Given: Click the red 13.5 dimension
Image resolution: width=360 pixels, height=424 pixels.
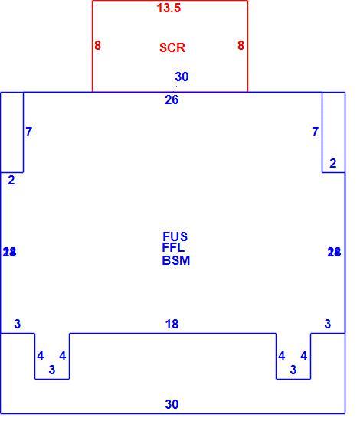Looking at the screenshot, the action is click(169, 8).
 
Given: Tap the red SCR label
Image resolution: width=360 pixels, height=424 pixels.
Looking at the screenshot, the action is click(172, 48).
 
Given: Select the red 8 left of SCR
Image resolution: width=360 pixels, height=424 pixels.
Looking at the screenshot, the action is click(98, 45).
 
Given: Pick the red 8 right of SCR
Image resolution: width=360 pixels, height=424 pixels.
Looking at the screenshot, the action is click(241, 45).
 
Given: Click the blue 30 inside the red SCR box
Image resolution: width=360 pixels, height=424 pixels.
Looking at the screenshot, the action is click(182, 77).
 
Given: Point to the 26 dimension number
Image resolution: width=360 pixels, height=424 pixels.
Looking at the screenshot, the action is click(172, 99).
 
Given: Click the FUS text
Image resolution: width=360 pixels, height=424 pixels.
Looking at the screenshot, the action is click(175, 236).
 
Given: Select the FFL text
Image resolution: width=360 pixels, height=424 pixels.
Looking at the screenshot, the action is click(173, 247).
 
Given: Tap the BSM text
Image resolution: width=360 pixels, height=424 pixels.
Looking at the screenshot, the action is click(176, 261).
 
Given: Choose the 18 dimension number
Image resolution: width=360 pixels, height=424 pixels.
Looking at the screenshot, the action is click(172, 324).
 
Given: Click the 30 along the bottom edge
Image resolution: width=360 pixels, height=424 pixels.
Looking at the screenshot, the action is click(172, 404).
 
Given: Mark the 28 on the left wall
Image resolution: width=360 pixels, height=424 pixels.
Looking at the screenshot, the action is click(9, 253).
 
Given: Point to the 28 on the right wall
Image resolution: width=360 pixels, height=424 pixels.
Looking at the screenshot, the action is click(334, 253).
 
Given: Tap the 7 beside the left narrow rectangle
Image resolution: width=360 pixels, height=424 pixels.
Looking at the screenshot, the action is click(29, 132).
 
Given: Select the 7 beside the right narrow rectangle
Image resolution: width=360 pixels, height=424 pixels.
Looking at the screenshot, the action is click(315, 132).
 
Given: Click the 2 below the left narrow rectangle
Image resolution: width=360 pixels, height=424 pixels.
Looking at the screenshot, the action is click(11, 181).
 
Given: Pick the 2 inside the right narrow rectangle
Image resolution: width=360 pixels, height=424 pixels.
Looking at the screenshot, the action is click(333, 163).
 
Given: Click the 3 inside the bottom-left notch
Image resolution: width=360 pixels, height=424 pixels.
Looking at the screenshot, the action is click(51, 370).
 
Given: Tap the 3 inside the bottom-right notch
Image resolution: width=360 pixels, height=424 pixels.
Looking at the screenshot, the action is click(293, 370).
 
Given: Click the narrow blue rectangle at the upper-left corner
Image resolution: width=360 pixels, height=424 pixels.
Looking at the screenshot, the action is click(23, 132).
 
